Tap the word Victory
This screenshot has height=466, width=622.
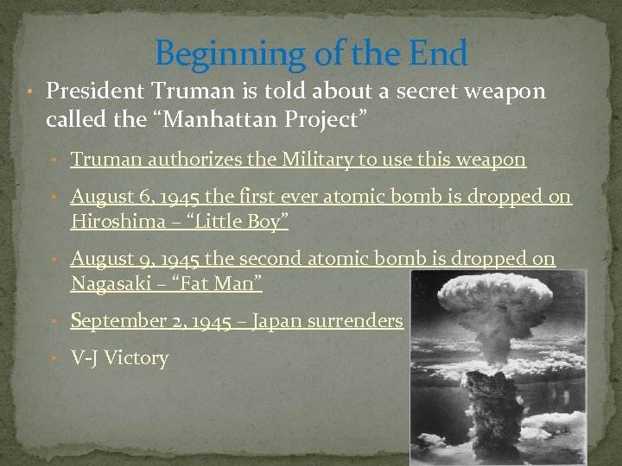[136, 358]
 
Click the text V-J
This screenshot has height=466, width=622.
[85, 358]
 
